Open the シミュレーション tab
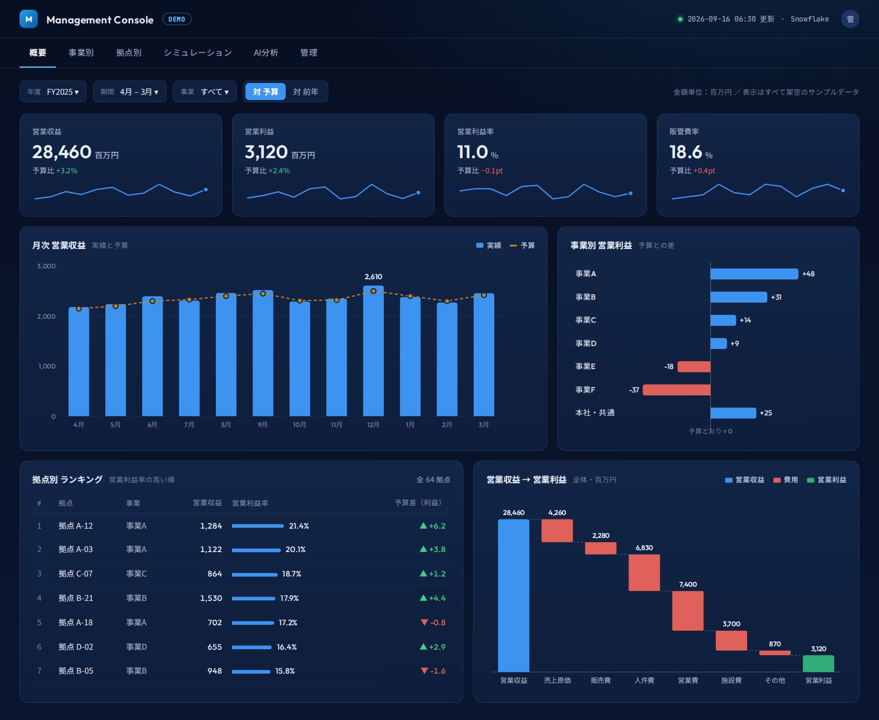click(198, 53)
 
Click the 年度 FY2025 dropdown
click(53, 92)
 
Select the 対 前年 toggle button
click(306, 92)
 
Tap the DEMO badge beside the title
click(177, 20)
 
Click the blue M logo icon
click(29, 19)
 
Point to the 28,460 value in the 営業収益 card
click(62, 152)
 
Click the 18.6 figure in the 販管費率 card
click(686, 152)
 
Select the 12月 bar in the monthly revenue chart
click(374, 351)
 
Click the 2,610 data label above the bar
click(374, 277)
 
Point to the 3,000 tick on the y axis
click(46, 267)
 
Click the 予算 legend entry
click(523, 246)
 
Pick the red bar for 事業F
click(677, 390)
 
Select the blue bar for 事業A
click(754, 274)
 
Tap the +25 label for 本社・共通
click(766, 413)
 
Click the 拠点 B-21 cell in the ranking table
click(76, 598)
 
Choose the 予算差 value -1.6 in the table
click(433, 671)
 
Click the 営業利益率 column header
click(250, 503)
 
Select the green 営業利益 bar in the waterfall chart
click(818, 664)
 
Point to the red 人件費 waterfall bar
click(644, 573)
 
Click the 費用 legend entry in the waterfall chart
click(786, 480)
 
